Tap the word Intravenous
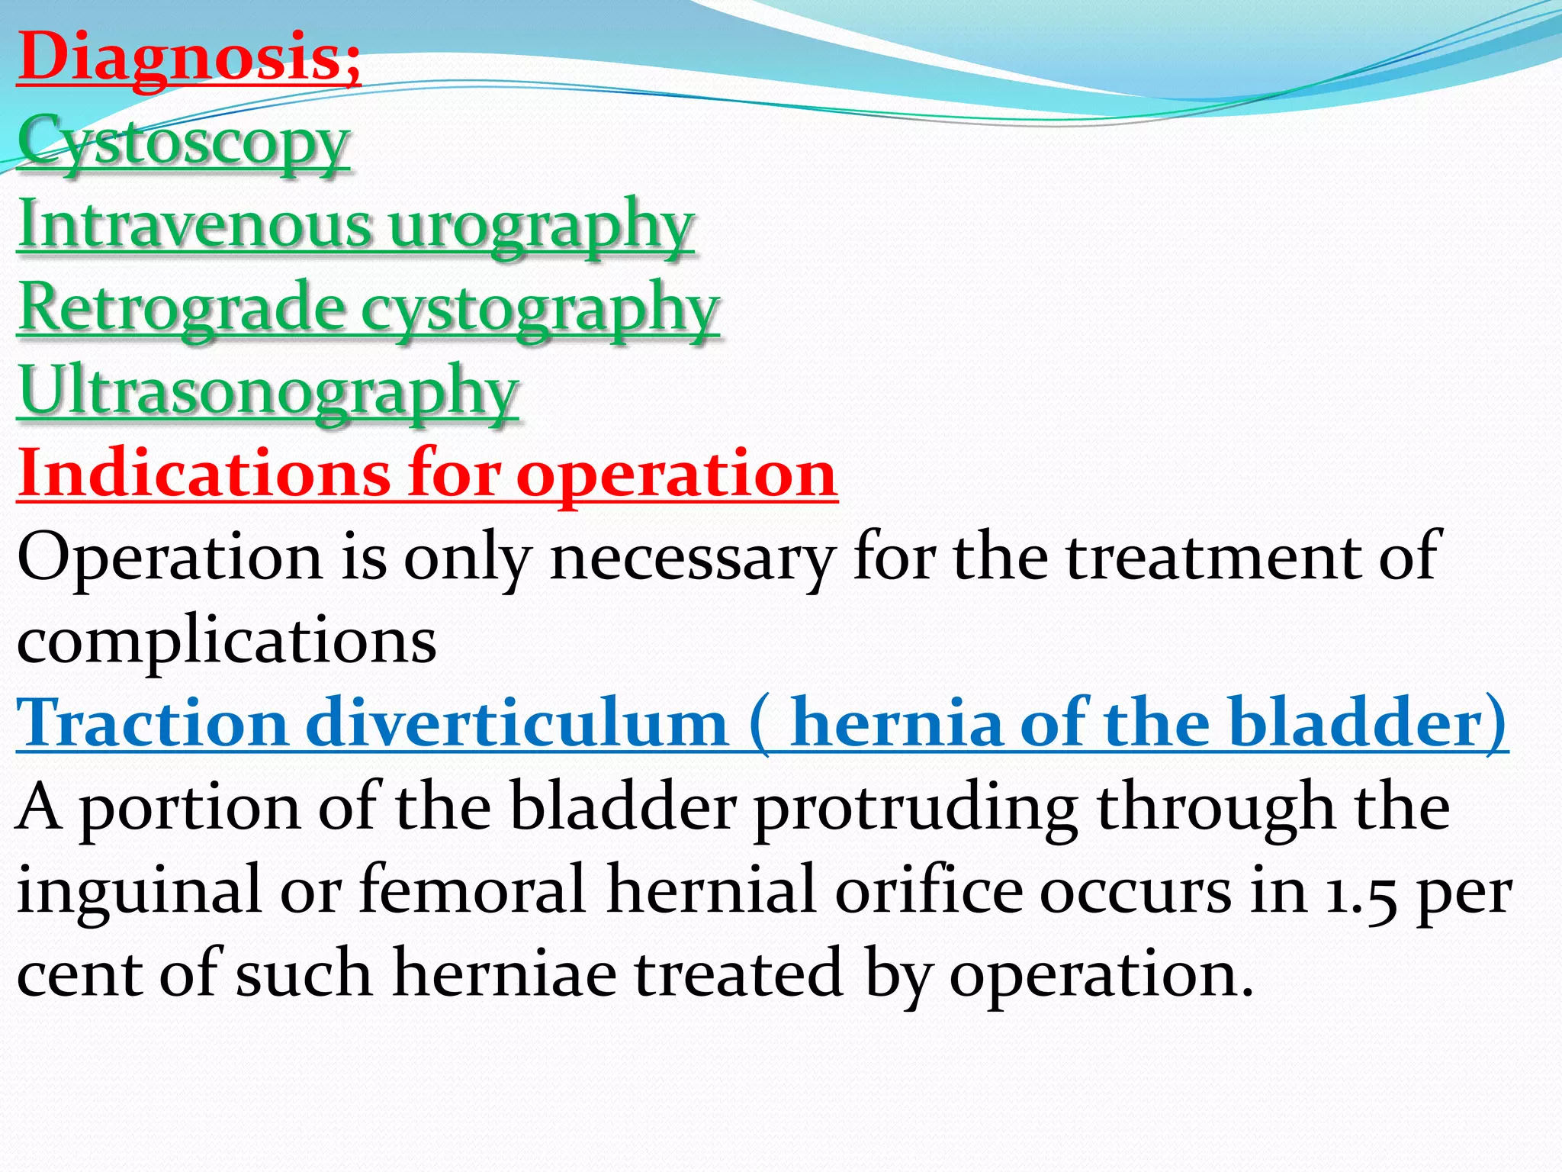(x=195, y=225)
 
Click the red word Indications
(x=203, y=474)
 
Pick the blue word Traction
(x=152, y=723)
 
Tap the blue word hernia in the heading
(x=896, y=723)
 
